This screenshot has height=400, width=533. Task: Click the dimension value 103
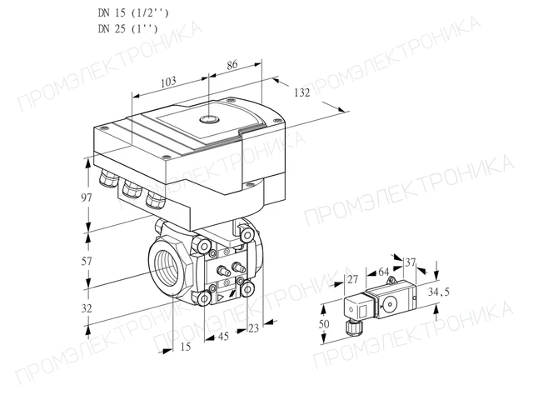click(x=168, y=82)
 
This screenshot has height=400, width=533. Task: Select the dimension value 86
click(x=232, y=65)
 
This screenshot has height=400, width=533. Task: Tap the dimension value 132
click(x=301, y=92)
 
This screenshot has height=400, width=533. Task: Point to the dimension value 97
click(x=87, y=197)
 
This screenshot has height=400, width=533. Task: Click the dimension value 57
click(x=87, y=261)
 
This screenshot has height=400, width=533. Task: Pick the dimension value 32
click(x=87, y=308)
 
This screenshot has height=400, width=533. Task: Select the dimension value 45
click(x=223, y=337)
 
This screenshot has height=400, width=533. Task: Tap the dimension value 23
click(x=253, y=328)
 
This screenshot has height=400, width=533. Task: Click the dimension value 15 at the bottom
click(x=186, y=347)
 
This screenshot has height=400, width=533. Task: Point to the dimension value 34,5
click(x=439, y=292)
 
